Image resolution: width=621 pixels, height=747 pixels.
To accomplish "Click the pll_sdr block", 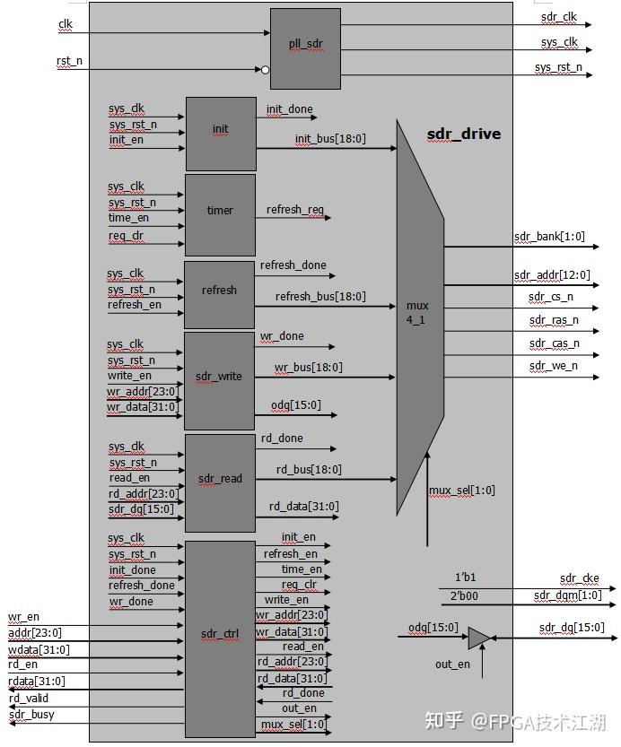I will (x=305, y=48).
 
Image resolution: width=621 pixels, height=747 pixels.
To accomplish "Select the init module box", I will (x=221, y=134).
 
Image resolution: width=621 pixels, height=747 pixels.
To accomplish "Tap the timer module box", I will (x=220, y=214).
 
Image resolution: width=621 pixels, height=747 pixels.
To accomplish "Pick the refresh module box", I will (x=220, y=294).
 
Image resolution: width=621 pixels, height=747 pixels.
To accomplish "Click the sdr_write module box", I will (x=220, y=380).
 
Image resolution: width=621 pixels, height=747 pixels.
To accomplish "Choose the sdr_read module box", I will (x=220, y=482).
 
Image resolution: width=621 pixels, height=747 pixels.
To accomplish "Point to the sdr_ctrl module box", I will (x=220, y=636).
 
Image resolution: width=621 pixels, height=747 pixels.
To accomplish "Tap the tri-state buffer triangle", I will (x=478, y=638).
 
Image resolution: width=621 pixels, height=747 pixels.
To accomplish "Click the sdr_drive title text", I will (x=463, y=135).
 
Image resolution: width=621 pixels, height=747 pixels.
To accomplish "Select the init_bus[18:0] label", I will (x=330, y=140).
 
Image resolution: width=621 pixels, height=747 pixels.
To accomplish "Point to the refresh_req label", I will (x=295, y=211).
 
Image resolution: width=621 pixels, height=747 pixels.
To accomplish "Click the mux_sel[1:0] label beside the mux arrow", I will (x=461, y=491).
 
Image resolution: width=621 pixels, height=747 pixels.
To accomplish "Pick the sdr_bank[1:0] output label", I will (x=549, y=237).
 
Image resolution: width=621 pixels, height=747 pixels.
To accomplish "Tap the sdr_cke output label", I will (x=579, y=578).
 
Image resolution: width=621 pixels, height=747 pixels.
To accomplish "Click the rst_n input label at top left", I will (x=69, y=61).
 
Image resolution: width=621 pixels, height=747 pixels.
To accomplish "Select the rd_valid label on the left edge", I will (x=29, y=699).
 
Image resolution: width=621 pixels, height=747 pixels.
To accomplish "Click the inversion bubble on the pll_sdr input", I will (x=265, y=69).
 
